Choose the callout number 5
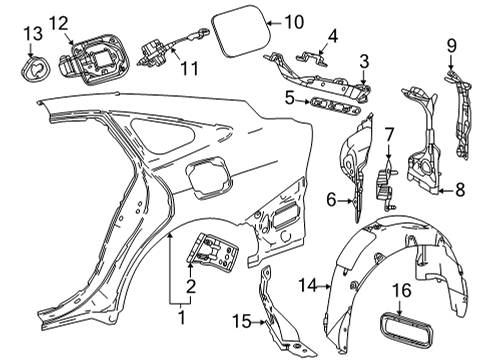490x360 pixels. click(x=288, y=98)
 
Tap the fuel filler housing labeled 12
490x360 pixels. click(x=91, y=59)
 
